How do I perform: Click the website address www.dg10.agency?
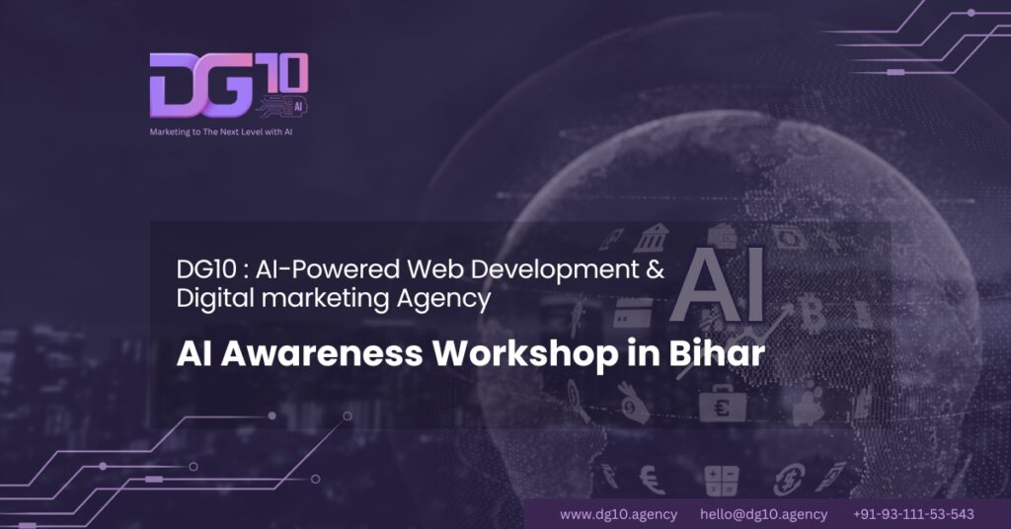[618, 514]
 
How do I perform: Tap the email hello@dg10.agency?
[763, 514]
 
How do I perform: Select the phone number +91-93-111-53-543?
[913, 514]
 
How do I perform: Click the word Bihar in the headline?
[717, 353]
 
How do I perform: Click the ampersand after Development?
[656, 269]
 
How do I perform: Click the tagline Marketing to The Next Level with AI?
[221, 132]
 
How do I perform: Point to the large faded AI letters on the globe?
[717, 284]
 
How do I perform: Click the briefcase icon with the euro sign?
[722, 404]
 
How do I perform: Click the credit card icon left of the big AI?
[633, 313]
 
